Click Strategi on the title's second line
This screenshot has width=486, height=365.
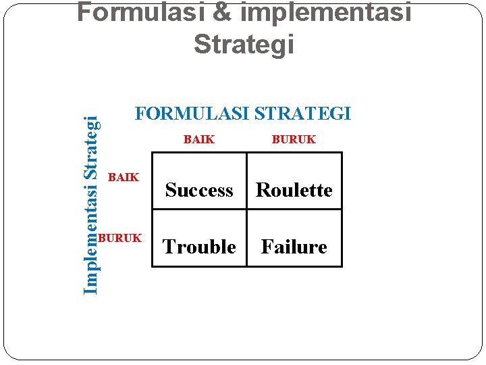click(x=244, y=45)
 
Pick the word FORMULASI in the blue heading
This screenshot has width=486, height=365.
click(x=192, y=114)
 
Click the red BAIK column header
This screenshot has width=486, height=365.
click(x=199, y=140)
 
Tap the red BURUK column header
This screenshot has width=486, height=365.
click(x=294, y=140)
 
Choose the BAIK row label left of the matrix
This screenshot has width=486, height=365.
click(x=123, y=178)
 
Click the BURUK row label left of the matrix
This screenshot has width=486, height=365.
click(x=119, y=238)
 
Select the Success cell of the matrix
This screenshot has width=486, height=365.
click(x=199, y=191)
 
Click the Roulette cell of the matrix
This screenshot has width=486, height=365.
click(x=294, y=191)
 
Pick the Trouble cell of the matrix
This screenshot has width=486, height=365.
click(x=199, y=247)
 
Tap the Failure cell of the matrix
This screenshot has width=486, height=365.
click(x=294, y=247)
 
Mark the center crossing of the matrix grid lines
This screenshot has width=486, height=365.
click(x=246, y=210)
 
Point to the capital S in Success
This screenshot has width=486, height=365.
click(x=170, y=191)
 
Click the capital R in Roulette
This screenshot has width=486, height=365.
click(x=262, y=191)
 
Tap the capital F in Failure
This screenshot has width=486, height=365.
click(x=266, y=247)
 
